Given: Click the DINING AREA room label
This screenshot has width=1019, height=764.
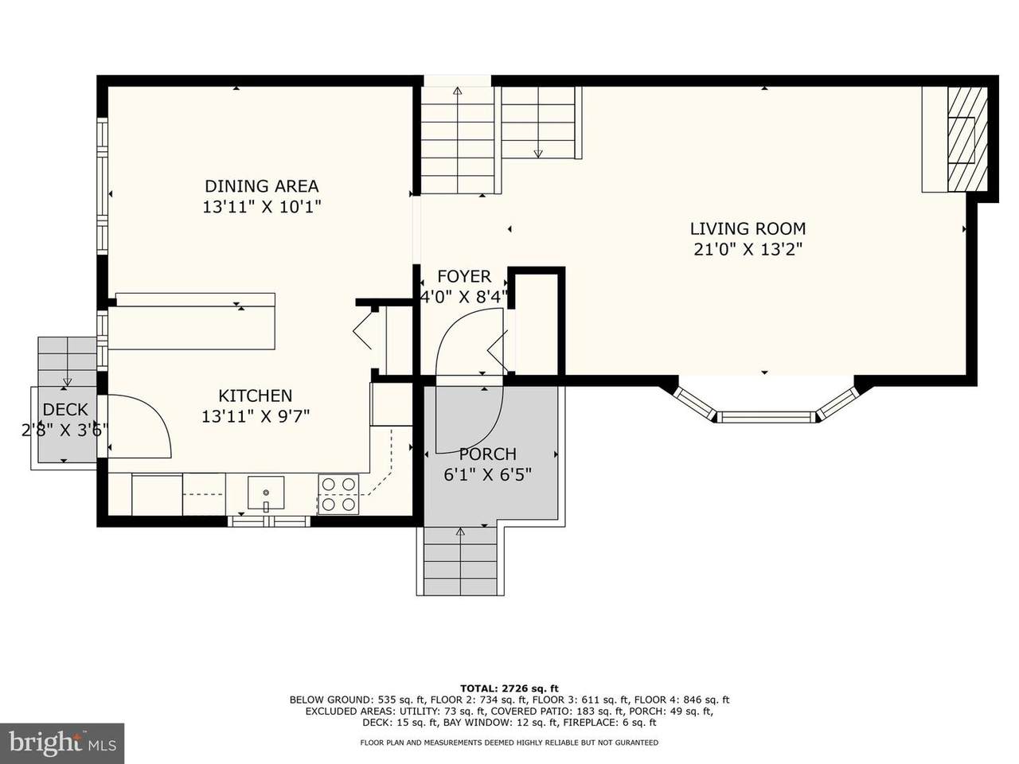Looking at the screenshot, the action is [262, 186].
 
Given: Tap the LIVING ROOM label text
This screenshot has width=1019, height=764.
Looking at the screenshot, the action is [748, 228].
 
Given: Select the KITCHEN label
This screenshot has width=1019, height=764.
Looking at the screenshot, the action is [256, 396].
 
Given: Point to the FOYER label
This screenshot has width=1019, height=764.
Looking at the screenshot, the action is [464, 276].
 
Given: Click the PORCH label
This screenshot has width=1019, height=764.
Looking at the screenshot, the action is [487, 454].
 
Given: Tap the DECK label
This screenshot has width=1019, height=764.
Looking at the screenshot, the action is [65, 410].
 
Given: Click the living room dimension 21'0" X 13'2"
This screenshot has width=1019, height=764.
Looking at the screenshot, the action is [748, 250].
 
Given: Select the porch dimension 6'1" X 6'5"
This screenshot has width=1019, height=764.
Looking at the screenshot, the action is [487, 474].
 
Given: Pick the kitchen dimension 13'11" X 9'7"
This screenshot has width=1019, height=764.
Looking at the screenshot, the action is [256, 416].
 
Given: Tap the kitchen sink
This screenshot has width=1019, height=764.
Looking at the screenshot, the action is [266, 493].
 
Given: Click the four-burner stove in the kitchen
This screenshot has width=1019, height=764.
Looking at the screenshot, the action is [338, 494].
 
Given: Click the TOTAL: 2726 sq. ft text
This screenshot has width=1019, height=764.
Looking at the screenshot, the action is [509, 688].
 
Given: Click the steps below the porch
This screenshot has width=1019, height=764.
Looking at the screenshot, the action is [460, 561].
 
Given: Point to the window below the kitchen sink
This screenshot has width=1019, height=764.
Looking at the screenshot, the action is [269, 521].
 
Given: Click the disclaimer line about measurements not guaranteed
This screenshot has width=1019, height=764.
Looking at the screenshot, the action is [509, 743].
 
